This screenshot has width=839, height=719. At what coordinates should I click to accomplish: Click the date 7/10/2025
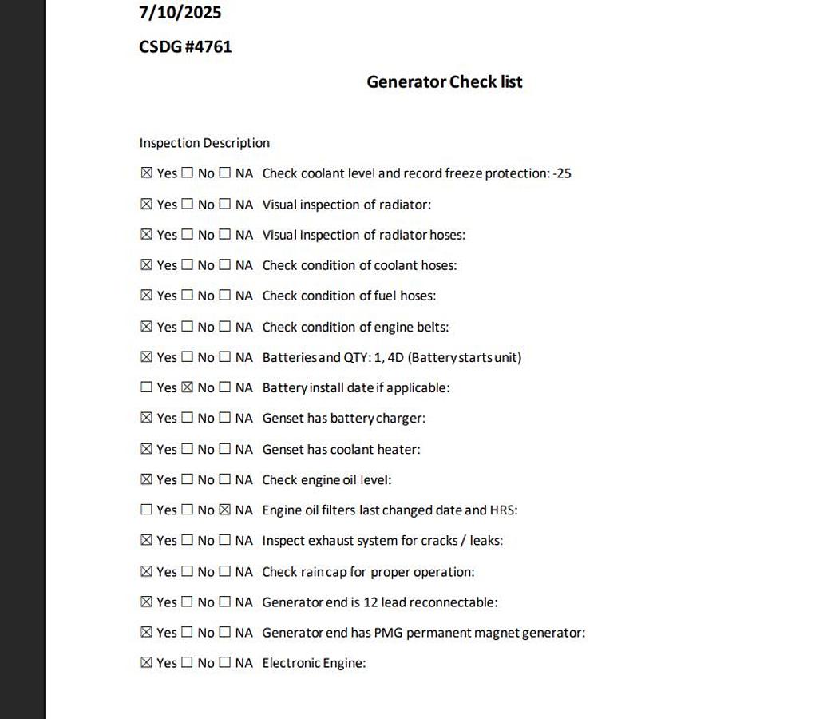pos(180,13)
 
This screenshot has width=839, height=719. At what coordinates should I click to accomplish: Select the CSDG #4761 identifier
pos(185,46)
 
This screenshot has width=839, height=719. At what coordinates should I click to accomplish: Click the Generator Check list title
pos(444,81)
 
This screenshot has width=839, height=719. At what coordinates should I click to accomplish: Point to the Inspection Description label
pos(204,143)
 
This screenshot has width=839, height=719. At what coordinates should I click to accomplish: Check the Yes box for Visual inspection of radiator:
pos(146,205)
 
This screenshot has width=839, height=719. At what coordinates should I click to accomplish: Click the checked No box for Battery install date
pos(187,387)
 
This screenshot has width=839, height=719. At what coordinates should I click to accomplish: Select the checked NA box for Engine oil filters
pos(224,510)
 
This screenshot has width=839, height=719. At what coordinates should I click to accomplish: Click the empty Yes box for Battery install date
pos(146,387)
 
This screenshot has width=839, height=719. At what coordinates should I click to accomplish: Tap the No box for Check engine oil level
pos(187,479)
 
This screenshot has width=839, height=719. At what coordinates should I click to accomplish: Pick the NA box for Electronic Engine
pos(224,662)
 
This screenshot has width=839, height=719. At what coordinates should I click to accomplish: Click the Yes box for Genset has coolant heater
pos(146,449)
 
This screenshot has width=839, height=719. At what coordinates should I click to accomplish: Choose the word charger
pos(400,419)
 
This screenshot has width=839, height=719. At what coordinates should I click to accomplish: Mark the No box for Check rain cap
pos(187,571)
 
